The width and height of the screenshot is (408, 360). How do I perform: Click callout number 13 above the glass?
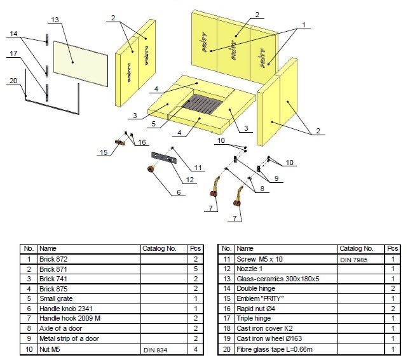[55, 20]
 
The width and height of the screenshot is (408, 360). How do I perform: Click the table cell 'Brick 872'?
[89, 259]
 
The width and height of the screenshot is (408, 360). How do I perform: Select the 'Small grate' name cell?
[89, 298]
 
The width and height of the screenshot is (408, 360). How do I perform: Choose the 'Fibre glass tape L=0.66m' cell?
[286, 349]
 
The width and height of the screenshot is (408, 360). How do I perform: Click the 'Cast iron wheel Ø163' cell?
[286, 338]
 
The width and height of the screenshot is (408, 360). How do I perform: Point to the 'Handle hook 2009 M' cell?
[89, 319]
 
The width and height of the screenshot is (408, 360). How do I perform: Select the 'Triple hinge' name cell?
[286, 319]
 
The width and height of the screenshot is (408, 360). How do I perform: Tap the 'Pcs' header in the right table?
[393, 249]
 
